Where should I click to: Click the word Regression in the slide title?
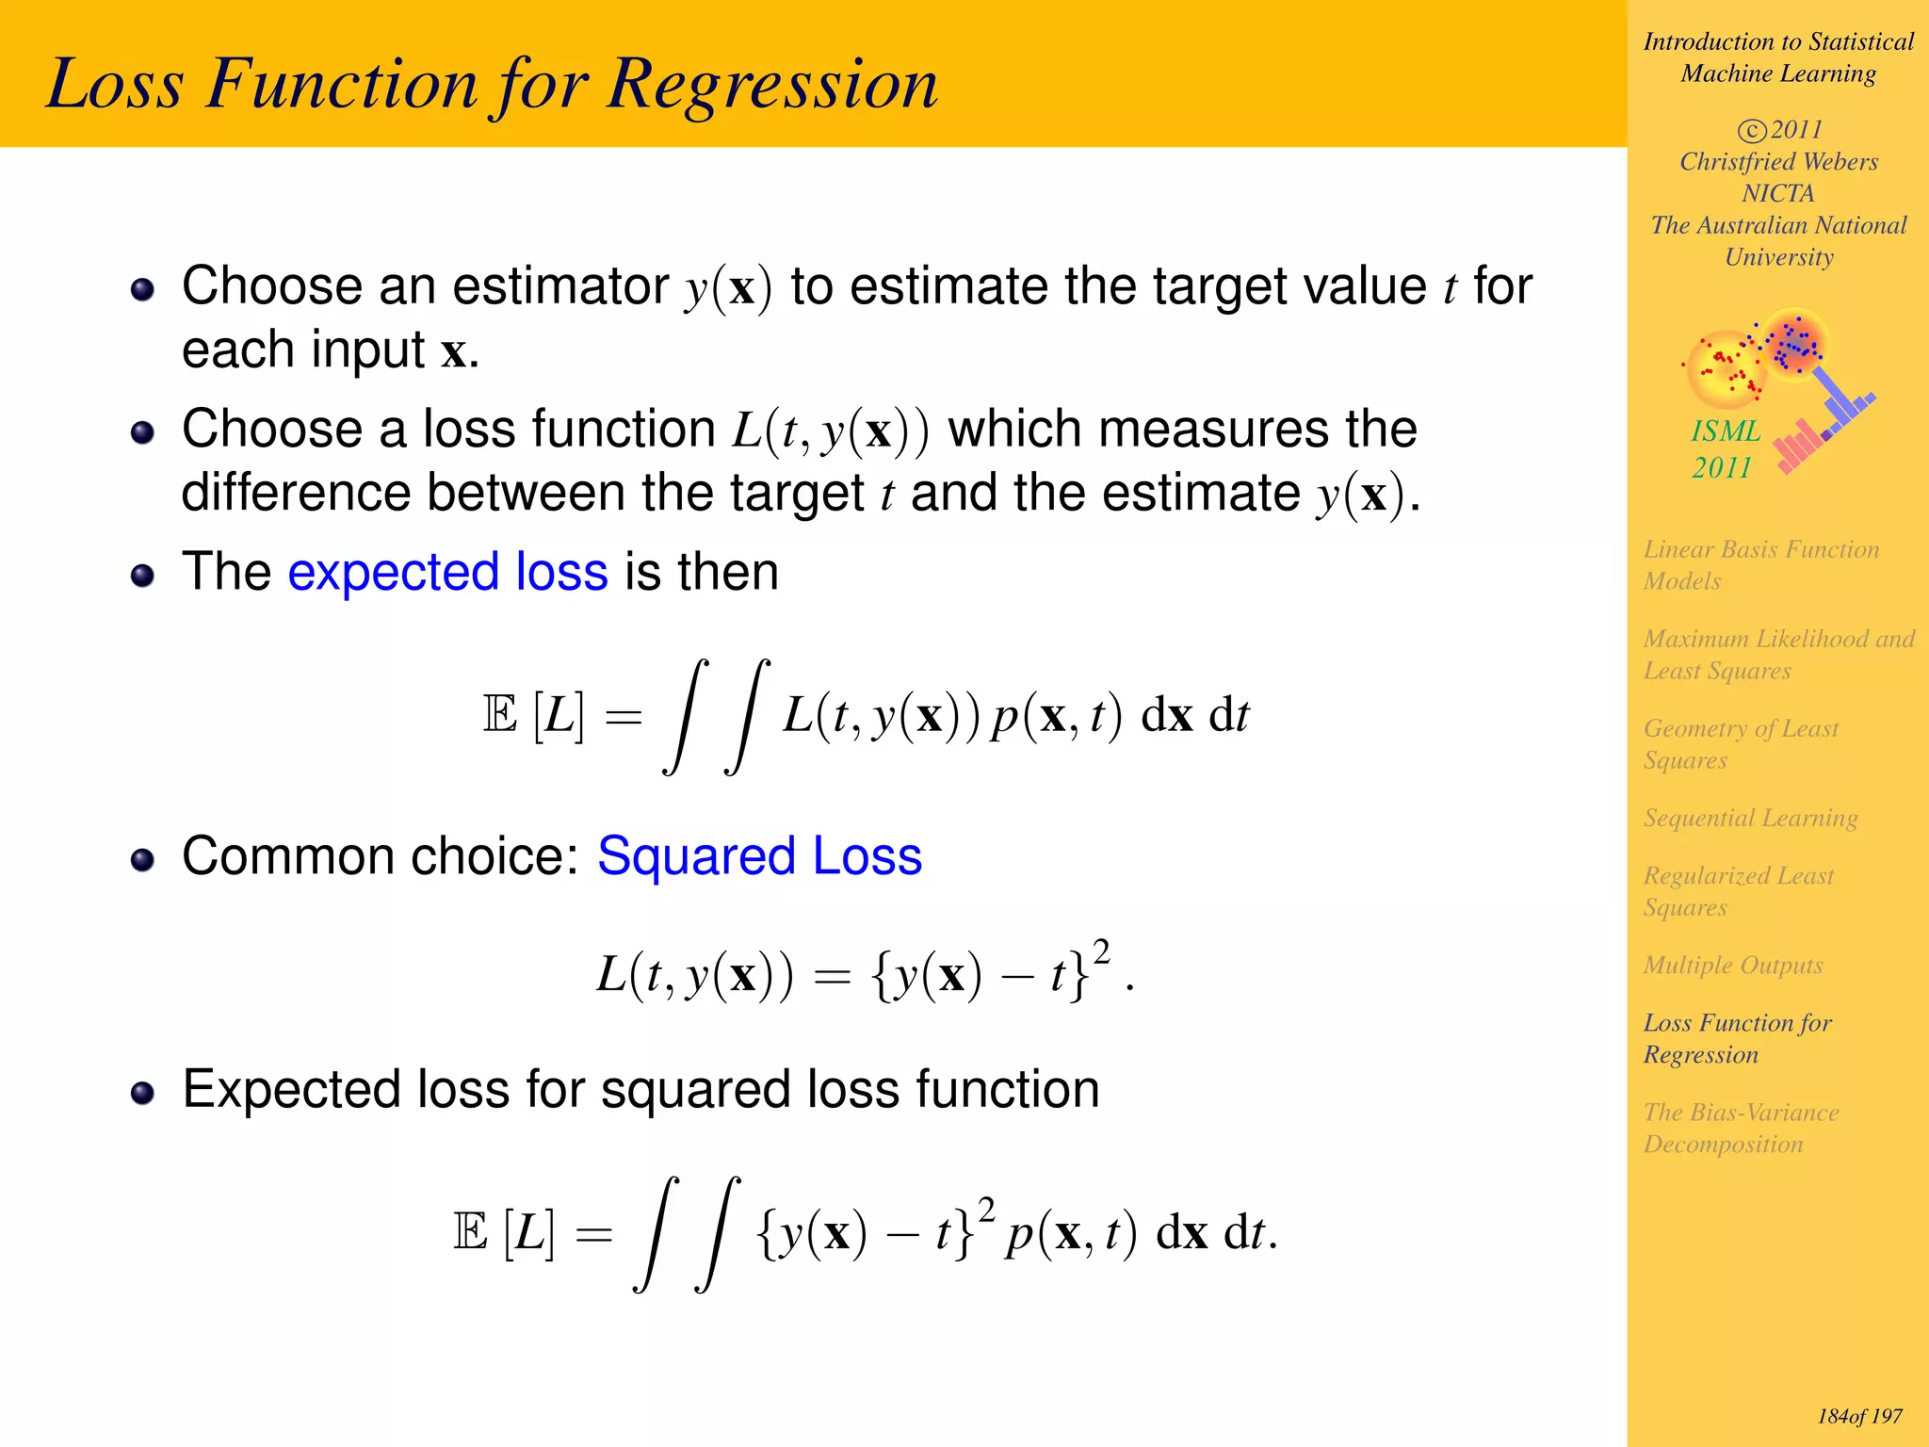coord(772,85)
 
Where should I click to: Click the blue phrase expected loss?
coord(447,573)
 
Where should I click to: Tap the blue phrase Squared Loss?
coord(759,857)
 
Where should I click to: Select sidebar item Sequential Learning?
coord(1750,818)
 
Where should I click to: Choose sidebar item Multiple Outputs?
coord(1732,966)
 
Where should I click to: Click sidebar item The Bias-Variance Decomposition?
coord(1741,1129)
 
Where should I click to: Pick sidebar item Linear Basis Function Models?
coord(1760,565)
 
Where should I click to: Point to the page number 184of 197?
coord(1859,1417)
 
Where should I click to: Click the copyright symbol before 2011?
coord(1751,130)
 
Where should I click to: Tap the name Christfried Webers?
coord(1778,162)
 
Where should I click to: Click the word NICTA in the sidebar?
coord(1777,194)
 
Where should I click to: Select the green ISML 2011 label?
coord(1724,449)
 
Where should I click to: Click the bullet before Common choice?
coord(142,860)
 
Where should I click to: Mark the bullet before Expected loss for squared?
coord(142,1093)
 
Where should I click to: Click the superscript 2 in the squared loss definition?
coord(1101,951)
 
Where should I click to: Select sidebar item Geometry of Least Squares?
coord(1741,744)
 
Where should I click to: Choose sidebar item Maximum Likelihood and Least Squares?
coord(1778,655)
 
